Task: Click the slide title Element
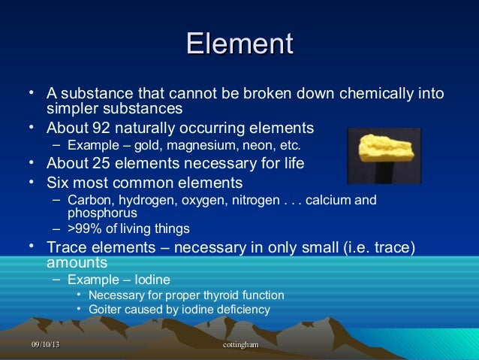point(239,43)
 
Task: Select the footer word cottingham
point(241,343)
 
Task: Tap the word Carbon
point(88,201)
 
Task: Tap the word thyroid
point(214,295)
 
